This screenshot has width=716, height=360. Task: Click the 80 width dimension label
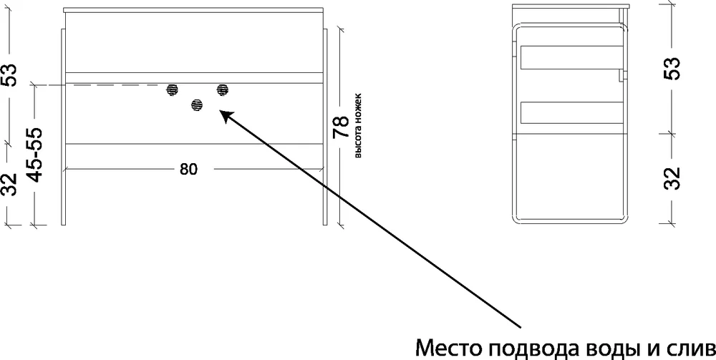(188, 170)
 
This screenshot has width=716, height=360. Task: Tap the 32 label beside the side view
(672, 178)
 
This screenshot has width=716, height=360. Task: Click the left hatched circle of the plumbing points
(172, 89)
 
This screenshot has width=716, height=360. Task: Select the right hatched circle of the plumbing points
(223, 89)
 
